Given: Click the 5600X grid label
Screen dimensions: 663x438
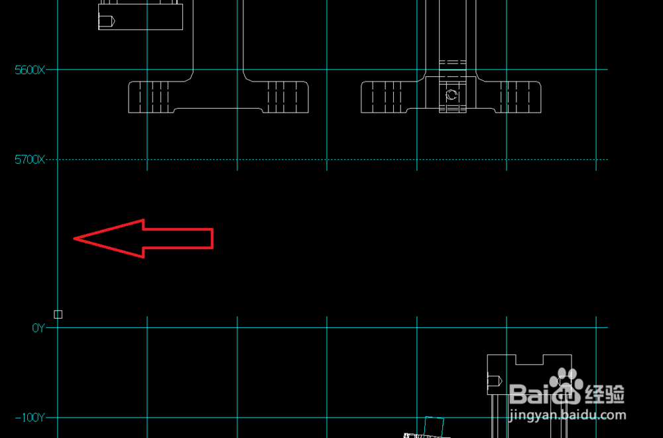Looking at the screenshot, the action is [x=30, y=70].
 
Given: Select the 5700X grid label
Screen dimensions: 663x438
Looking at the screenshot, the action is [x=30, y=160].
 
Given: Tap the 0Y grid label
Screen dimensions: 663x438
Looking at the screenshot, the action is [x=38, y=327].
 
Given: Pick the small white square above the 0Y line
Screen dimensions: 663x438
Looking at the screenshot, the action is [x=58, y=314].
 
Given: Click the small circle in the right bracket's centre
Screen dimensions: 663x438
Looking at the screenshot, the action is [x=452, y=95].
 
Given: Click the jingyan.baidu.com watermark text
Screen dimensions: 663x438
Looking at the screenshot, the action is [x=567, y=416].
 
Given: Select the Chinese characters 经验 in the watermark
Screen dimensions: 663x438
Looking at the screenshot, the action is [x=605, y=394].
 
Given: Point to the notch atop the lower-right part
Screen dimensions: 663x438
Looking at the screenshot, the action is [x=529, y=359].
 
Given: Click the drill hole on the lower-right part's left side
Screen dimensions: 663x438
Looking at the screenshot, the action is [x=495, y=381].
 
